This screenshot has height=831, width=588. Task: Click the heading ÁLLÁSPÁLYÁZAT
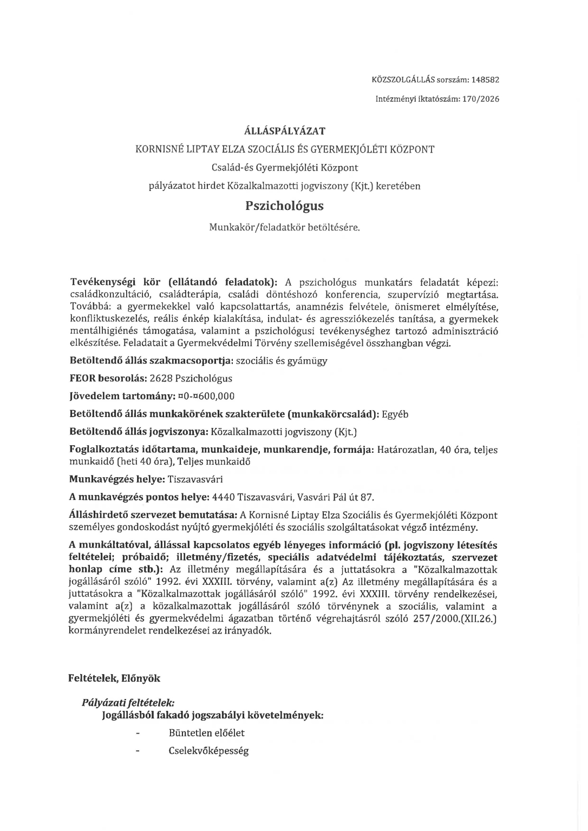pos(285,131)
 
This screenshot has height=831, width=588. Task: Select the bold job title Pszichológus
pos(284,206)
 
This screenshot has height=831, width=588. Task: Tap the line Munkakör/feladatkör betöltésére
pos(284,228)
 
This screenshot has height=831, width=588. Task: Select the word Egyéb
pos(395,414)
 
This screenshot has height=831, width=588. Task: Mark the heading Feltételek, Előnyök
pos(114,678)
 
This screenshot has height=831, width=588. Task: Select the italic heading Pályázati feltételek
pos(128,703)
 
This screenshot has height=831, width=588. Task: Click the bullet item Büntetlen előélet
pos(206,733)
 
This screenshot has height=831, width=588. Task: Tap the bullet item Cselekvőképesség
pos(208,751)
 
